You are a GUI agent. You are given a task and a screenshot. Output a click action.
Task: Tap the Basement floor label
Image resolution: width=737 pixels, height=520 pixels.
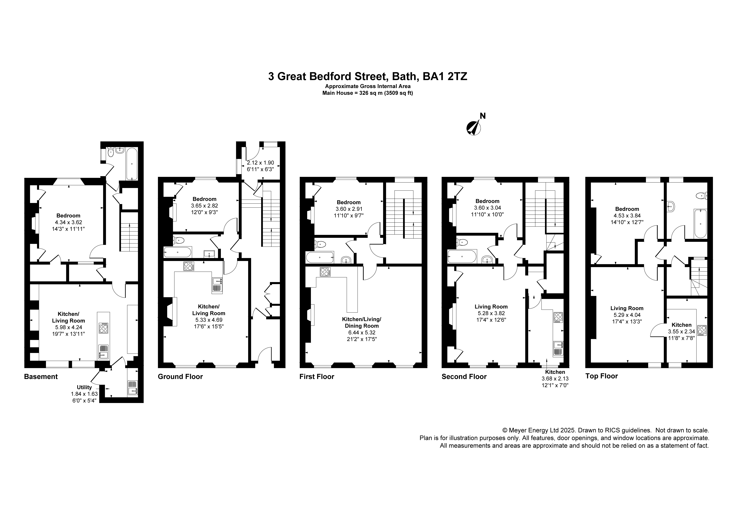click(x=41, y=377)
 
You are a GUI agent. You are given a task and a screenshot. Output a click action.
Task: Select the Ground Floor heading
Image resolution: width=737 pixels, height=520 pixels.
click(x=180, y=377)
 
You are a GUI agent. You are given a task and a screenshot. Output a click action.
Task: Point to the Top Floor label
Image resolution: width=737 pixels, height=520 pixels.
click(x=601, y=376)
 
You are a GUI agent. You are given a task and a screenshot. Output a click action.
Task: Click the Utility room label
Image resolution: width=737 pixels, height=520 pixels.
click(x=84, y=387)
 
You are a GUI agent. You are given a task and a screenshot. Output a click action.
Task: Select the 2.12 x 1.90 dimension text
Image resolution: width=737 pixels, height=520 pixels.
click(x=260, y=163)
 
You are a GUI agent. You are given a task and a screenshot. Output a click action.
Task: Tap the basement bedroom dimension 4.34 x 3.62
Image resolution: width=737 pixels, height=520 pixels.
click(x=68, y=222)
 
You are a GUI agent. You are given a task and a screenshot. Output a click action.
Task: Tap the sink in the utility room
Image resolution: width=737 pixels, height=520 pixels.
click(x=132, y=391)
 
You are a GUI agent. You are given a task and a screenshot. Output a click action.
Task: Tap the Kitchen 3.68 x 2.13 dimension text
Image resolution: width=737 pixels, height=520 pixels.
click(x=555, y=379)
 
